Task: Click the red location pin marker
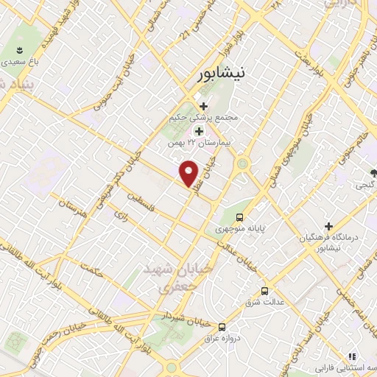190,173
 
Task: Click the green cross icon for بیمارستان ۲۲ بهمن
199,130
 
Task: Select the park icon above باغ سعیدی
19,51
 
